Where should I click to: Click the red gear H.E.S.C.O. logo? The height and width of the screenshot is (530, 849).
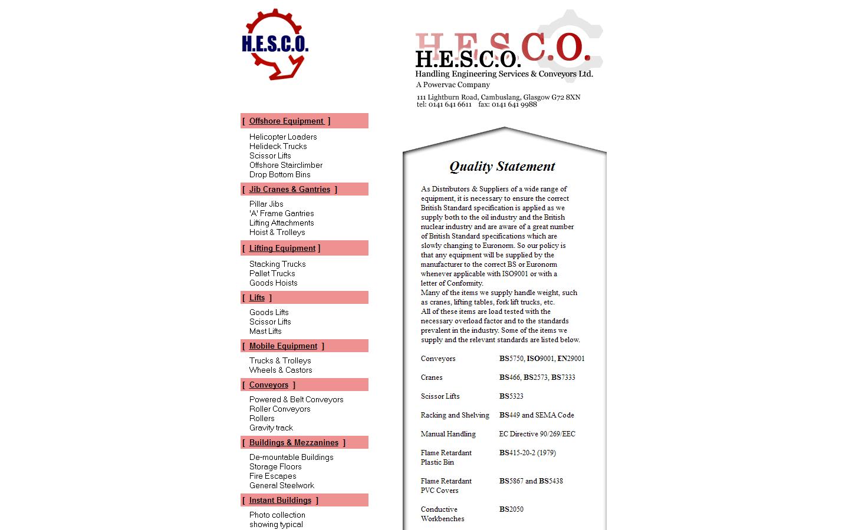pos(275,44)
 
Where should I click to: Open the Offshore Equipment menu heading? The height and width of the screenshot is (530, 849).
pos(287,121)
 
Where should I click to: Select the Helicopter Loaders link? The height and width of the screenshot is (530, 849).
pos(283,137)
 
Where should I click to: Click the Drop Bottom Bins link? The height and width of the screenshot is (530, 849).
pos(279,174)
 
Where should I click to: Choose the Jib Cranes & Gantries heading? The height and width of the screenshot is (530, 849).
pos(289,189)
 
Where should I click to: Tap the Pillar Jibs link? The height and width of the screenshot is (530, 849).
pos(266,204)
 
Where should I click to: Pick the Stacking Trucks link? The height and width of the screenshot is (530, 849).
pos(277,264)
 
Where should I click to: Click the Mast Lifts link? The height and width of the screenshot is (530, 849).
pos(265,331)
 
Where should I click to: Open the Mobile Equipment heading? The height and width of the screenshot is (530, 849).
pos(283,346)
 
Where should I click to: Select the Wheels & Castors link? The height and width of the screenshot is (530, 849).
pos(281,370)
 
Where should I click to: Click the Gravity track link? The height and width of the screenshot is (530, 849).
pos(271,428)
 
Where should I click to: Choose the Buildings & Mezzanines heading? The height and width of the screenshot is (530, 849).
pos(294,442)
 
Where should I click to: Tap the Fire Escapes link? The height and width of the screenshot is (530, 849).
pos(272,476)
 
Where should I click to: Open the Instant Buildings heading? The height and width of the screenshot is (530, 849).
pos(280,500)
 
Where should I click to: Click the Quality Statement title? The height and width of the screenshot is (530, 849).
pos(502,167)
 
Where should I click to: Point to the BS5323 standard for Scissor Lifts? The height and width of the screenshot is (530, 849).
pos(511,396)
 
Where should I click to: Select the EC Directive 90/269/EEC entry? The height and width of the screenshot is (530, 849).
pos(537,434)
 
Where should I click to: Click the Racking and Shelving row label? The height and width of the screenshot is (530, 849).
pos(455,415)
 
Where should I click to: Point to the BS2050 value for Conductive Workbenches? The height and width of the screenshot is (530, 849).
pos(511,509)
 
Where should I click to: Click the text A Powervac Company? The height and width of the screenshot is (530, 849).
pos(453,85)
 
